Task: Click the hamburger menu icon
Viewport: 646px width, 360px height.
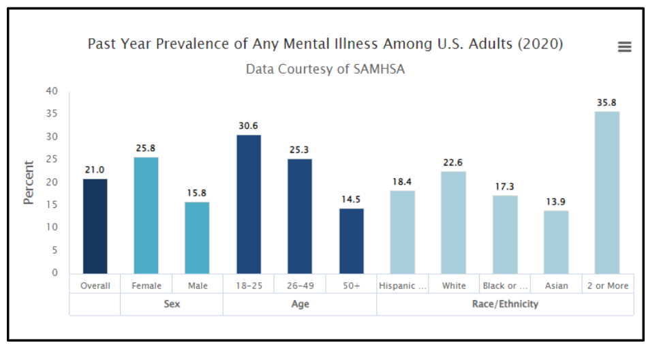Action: click(624, 46)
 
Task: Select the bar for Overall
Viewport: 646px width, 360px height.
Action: click(95, 226)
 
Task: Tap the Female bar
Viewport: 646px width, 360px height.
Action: click(146, 215)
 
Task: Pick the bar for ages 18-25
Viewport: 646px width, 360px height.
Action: click(249, 205)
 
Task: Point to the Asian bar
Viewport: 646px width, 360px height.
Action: click(556, 242)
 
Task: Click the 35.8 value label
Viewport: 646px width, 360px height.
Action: click(607, 103)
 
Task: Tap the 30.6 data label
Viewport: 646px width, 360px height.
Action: click(249, 126)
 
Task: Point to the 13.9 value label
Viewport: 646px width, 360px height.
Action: click(556, 202)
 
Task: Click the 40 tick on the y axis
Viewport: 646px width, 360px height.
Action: click(52, 91)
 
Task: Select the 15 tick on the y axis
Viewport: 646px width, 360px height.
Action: click(52, 205)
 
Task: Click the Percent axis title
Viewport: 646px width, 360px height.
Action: click(29, 183)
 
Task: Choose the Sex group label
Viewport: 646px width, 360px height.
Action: click(172, 304)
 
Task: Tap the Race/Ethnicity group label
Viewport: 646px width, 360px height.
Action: click(505, 304)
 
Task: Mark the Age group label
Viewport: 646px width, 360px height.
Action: click(300, 304)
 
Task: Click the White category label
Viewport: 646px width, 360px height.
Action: click(454, 286)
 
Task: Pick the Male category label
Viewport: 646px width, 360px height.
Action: click(198, 286)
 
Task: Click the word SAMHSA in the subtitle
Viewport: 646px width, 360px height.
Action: click(379, 69)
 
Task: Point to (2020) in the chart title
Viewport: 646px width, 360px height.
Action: click(540, 44)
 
